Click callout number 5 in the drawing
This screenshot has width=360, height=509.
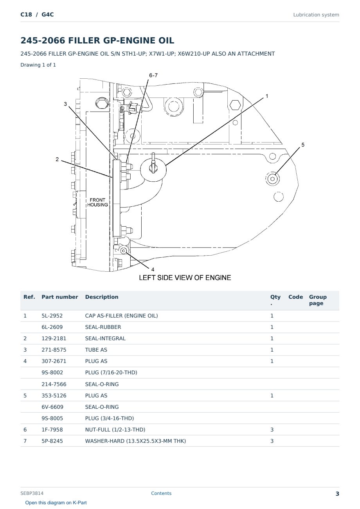(303, 145)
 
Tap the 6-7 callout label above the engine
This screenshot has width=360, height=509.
(153, 75)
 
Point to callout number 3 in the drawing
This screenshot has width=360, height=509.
(65, 104)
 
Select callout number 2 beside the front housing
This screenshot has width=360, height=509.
(57, 159)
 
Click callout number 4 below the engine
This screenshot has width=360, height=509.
(153, 269)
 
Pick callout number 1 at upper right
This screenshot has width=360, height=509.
(267, 96)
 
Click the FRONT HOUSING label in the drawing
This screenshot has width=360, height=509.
(98, 202)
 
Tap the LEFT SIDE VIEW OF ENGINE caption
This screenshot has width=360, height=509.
(185, 278)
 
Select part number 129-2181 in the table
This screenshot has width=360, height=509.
(54, 338)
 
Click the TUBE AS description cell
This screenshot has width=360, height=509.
(96, 350)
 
